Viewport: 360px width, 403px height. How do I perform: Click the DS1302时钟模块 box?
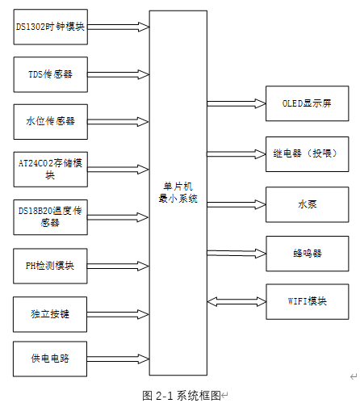[50, 26]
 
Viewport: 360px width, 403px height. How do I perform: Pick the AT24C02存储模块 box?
[50, 168]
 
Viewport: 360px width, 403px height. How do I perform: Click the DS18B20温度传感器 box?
[50, 216]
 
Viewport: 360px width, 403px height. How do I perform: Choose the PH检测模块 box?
[50, 265]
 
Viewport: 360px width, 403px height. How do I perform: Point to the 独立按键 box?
[50, 313]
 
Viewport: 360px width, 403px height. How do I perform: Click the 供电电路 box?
[50, 358]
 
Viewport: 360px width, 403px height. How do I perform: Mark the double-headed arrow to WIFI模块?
[237, 301]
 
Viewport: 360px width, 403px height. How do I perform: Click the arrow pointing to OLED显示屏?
[237, 103]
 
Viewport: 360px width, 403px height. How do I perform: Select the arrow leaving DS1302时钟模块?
[118, 26]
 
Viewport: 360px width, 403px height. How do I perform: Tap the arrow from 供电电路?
[118, 358]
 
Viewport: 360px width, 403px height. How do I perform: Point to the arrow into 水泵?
[237, 204]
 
